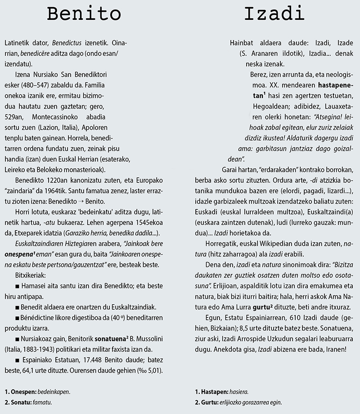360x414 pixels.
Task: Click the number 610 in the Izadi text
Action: click(276, 318)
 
